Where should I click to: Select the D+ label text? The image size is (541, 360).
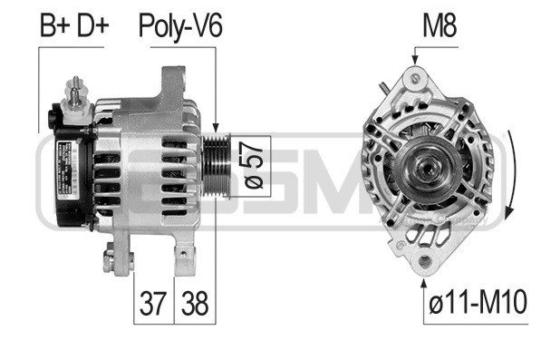tap(92, 26)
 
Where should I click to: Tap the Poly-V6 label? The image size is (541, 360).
tap(180, 27)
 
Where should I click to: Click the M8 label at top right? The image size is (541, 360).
tap(440, 26)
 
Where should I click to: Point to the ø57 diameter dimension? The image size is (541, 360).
tap(254, 166)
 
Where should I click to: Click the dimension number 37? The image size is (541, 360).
tap(153, 304)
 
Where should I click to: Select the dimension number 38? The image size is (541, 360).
tap(195, 304)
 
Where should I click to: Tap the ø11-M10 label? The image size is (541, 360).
tap(478, 302)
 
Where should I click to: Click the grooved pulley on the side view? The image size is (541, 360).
tap(217, 166)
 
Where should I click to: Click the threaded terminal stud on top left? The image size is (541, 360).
tap(75, 91)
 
